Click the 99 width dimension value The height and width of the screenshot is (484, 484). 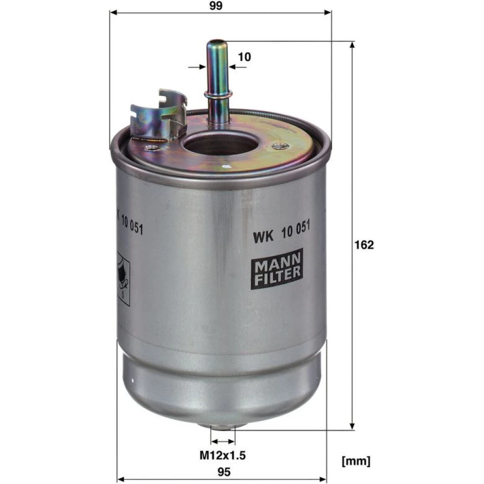pos(216,5)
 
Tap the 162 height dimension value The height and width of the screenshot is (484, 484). pos(364,245)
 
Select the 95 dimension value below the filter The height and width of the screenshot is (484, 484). pos(224,472)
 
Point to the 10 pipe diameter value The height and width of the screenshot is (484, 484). pos(244,57)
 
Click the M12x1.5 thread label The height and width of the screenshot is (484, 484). pos(222,455)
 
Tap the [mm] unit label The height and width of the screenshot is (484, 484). pos(356,461)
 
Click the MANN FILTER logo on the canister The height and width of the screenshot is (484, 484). pos(277,269)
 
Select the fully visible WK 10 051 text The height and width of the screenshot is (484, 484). pos(282,232)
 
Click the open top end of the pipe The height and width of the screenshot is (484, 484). pos(216,42)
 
